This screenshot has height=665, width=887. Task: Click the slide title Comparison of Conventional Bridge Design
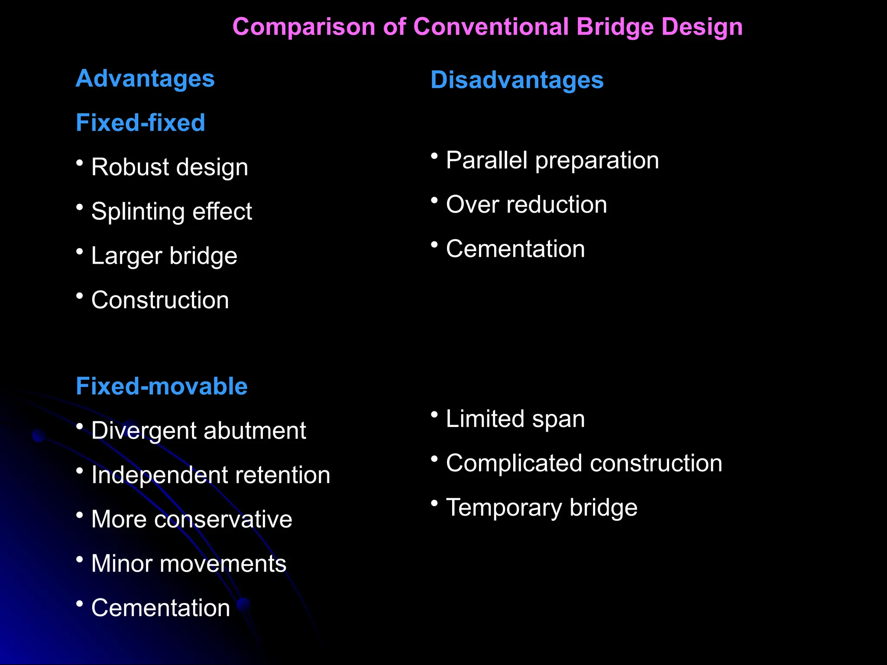[x=487, y=27]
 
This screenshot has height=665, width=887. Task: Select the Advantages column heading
[x=145, y=79]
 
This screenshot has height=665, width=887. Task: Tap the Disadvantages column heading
[x=517, y=80]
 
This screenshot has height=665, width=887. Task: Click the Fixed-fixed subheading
[x=140, y=123]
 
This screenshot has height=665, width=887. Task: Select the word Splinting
[x=138, y=212]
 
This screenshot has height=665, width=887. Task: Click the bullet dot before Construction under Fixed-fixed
[x=79, y=296]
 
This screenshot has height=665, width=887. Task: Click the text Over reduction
[x=526, y=204]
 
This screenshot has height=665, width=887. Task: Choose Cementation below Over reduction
[x=515, y=249]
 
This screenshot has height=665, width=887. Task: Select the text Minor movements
[x=189, y=564]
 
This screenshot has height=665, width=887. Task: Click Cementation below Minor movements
[x=161, y=608]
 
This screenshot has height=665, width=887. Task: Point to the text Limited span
[x=515, y=419]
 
